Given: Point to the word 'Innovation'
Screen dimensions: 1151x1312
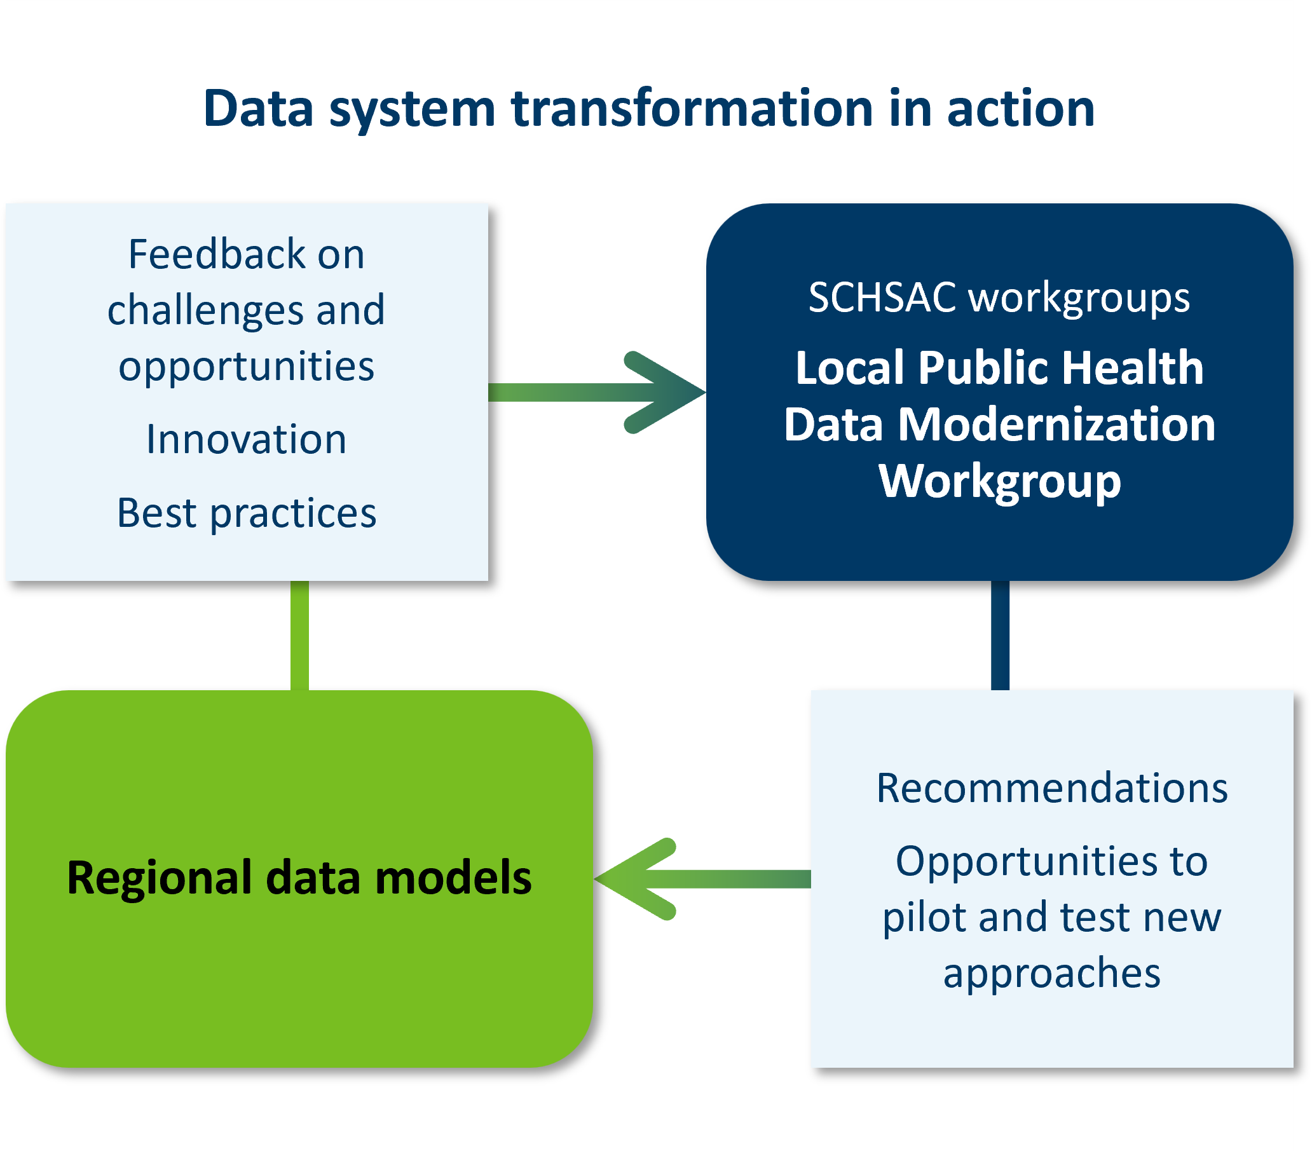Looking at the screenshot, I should tap(247, 440).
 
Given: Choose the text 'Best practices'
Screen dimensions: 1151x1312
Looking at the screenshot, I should tap(247, 514).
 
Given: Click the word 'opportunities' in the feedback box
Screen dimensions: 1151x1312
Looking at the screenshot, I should tap(247, 366).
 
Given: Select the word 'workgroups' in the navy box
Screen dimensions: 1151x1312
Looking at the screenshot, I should tap(1079, 298).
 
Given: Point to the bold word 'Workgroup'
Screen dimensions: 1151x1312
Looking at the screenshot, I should tap(999, 482).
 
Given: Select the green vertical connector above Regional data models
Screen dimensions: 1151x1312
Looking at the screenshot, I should tap(299, 636).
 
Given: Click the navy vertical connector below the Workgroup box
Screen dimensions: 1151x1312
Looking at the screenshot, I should tap(1000, 636).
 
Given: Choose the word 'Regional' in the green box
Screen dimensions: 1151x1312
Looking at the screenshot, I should tap(159, 878).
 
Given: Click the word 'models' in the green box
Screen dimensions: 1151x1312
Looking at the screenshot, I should tap(453, 878).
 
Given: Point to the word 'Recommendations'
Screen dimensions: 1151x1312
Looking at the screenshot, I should tap(1052, 788).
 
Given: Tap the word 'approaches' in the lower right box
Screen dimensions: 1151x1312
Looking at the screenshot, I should tap(1052, 973).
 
